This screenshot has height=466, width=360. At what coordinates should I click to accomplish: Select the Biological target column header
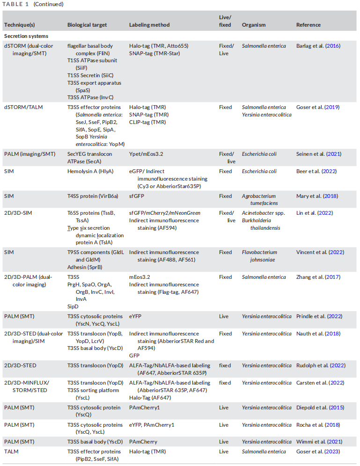[87, 25]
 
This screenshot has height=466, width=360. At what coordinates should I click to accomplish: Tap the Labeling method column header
[149, 25]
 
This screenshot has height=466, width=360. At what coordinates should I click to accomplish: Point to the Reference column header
[309, 25]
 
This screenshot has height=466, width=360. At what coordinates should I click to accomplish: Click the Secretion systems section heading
[26, 36]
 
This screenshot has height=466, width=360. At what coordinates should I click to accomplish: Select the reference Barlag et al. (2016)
[318, 46]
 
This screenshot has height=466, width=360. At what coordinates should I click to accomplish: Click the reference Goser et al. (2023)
[318, 451]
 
